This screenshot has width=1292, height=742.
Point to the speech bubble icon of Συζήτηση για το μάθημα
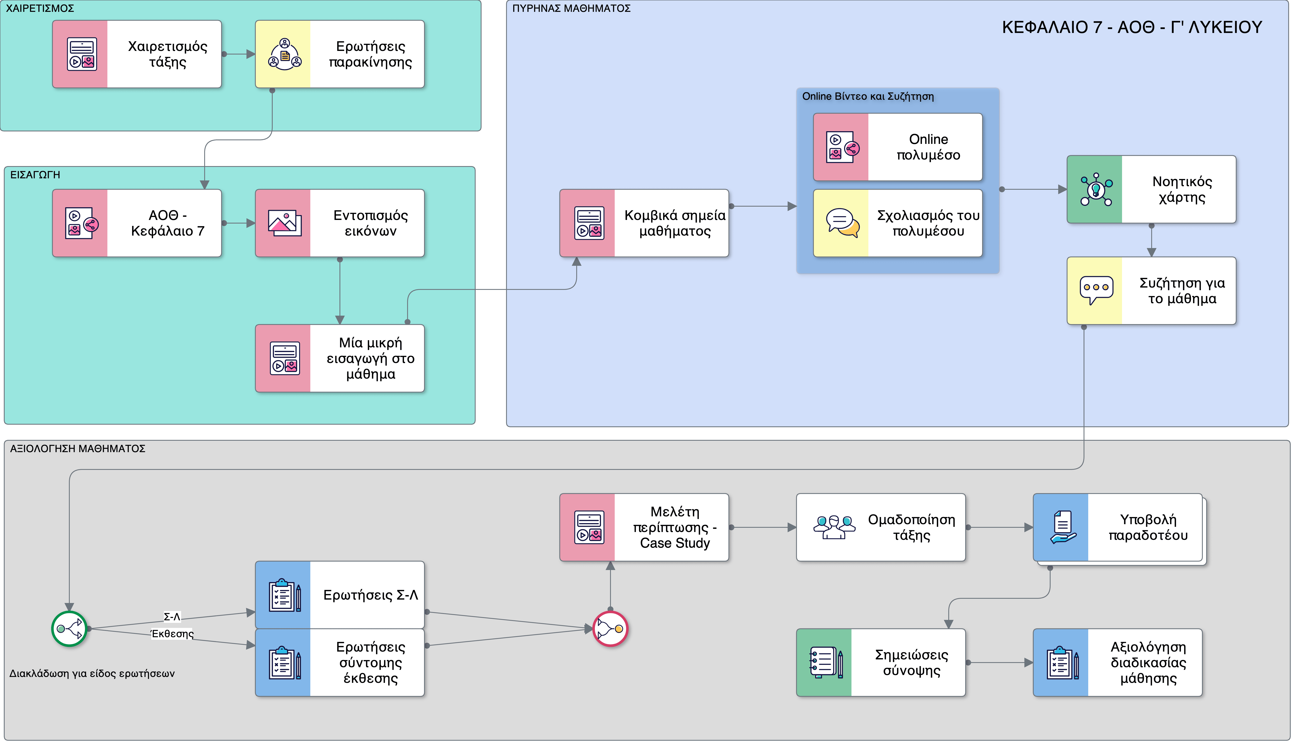pos(1096,290)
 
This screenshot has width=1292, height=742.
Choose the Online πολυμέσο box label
pos(928,147)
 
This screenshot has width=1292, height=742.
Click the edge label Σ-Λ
pos(172,617)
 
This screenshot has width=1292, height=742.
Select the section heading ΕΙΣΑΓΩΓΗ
pos(35,175)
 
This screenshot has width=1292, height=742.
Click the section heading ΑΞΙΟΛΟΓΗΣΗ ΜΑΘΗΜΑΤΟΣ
pos(78,449)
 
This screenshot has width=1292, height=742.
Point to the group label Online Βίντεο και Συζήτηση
pos(868,96)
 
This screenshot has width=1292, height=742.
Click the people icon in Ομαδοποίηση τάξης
pos(834,527)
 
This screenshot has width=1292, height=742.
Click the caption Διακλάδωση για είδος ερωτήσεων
pos(92,673)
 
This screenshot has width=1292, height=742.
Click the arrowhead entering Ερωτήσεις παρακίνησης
pos(250,54)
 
